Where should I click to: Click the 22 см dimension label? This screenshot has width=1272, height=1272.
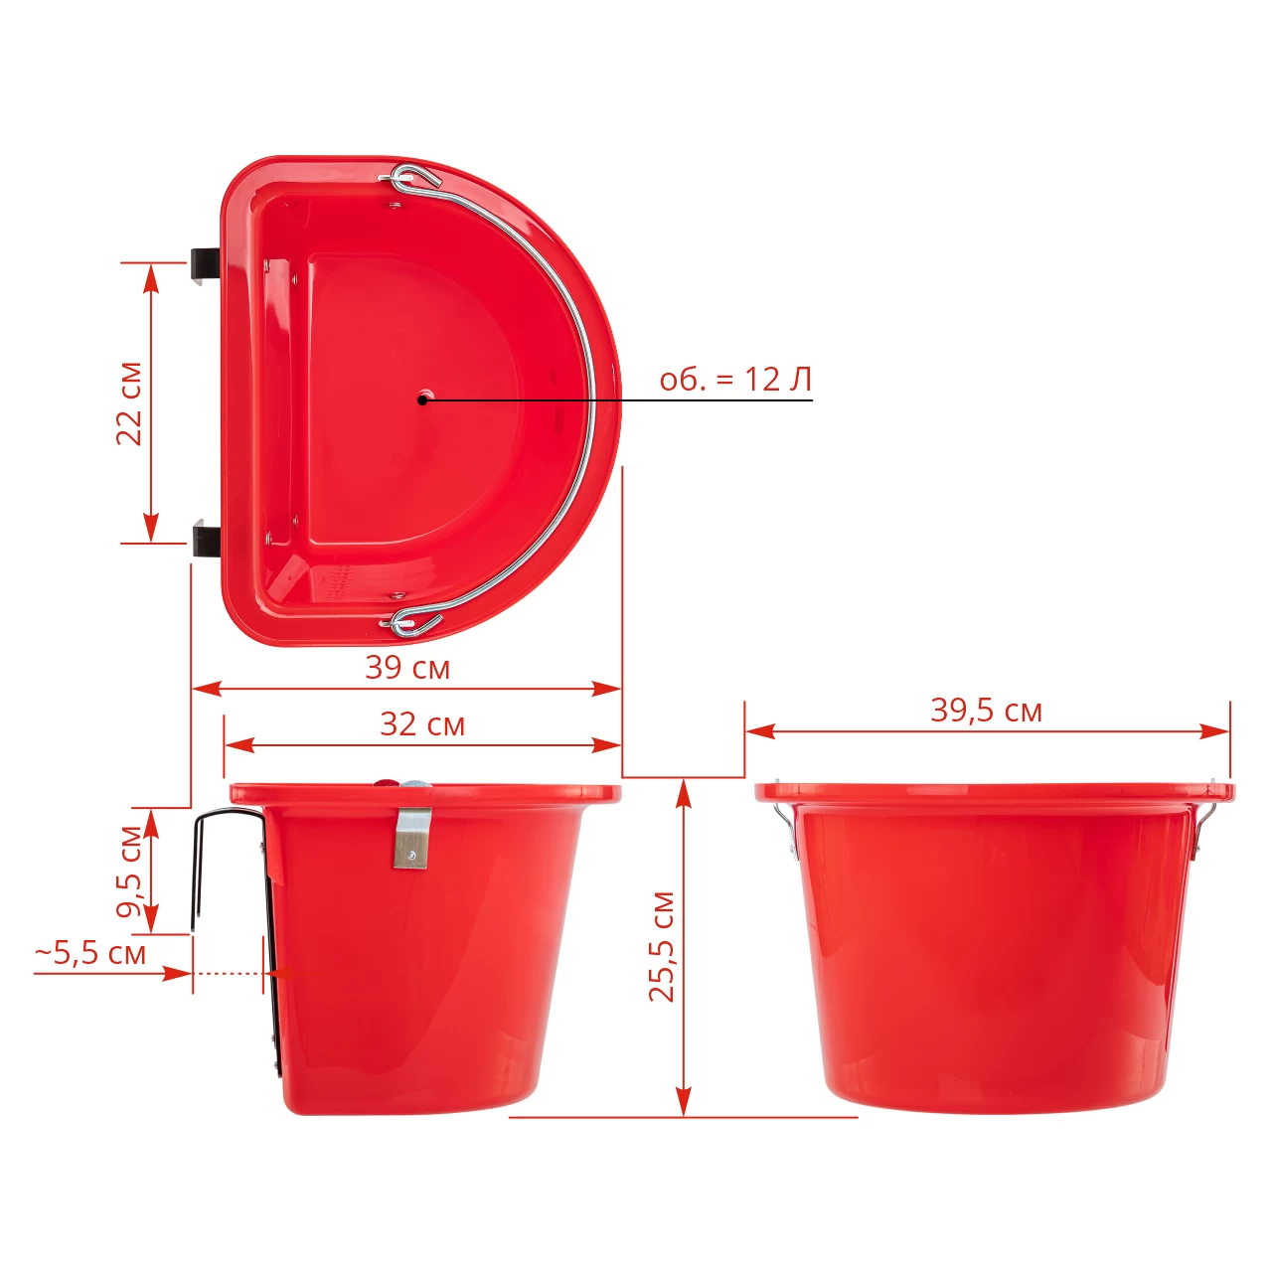tap(129, 404)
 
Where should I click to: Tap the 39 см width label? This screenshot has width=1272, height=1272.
tap(408, 668)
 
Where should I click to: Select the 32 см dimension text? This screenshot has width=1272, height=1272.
tap(422, 724)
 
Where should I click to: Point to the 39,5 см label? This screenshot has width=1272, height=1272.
tap(986, 711)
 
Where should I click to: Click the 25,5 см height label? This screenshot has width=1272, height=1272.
tap(662, 947)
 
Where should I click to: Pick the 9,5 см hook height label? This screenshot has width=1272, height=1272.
tap(129, 872)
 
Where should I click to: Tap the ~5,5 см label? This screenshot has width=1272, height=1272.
tap(90, 954)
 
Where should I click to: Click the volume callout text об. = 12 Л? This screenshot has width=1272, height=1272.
tap(735, 380)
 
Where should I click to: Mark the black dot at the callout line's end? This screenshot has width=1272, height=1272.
tap(421, 399)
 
